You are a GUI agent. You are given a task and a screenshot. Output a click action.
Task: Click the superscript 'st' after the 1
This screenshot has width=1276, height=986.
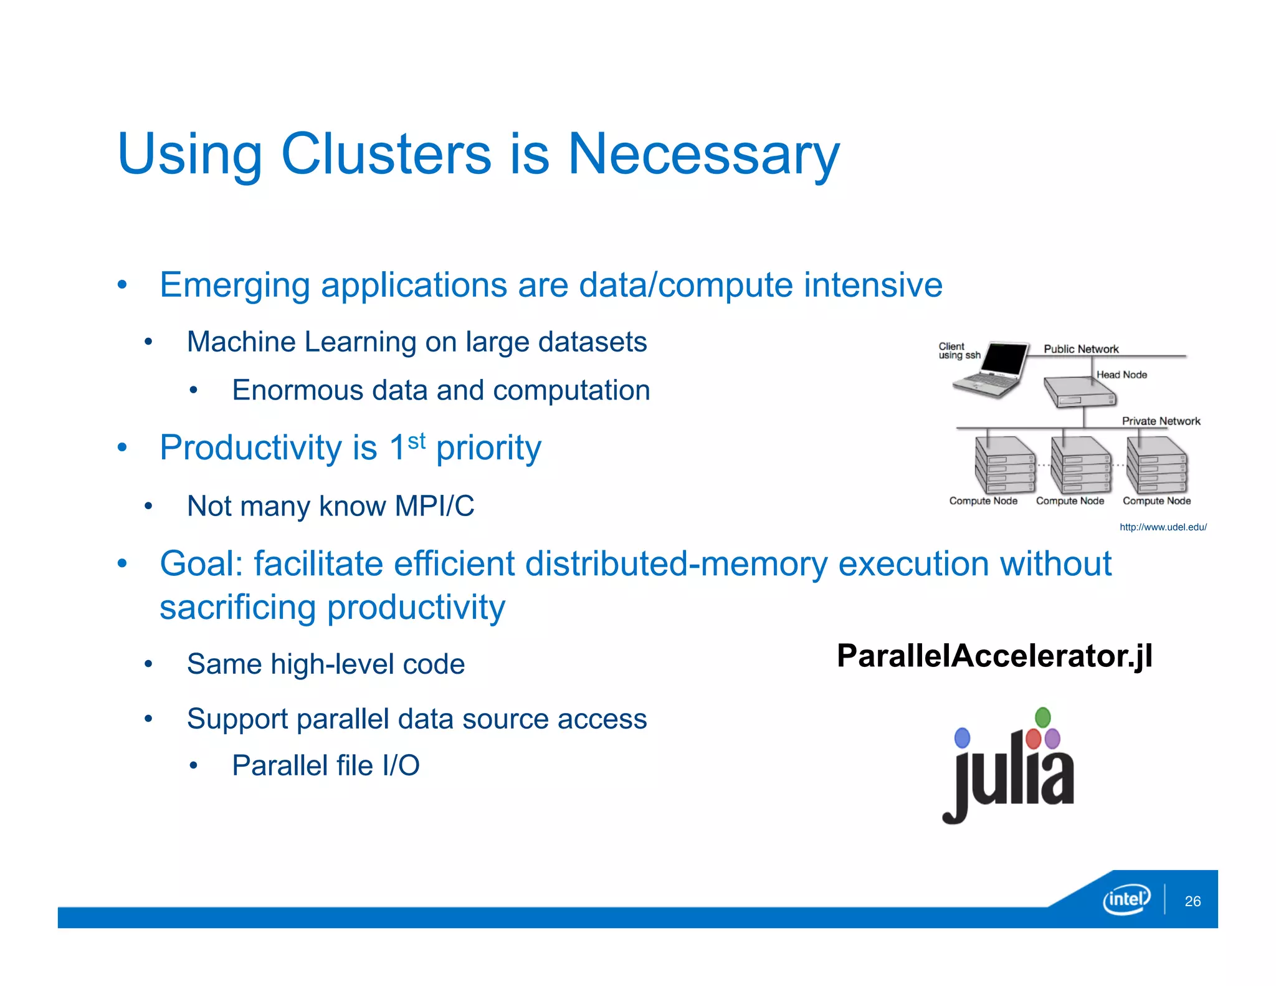416,441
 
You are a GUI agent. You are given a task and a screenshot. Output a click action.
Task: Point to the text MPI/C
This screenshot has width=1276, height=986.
434,506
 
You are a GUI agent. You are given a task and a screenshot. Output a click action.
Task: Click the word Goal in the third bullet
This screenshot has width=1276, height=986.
201,564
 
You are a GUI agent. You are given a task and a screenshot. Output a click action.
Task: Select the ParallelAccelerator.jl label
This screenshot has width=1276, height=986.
994,656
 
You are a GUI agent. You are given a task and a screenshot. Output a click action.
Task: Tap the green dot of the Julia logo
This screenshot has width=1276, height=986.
1042,717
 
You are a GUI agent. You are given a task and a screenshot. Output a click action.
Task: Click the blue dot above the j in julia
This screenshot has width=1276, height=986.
963,738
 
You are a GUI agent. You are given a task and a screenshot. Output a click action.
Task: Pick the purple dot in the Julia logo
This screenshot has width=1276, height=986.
1052,739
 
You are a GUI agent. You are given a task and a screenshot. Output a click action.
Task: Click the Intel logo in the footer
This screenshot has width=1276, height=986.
1126,899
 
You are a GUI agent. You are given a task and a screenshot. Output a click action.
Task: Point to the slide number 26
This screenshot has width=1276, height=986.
1193,901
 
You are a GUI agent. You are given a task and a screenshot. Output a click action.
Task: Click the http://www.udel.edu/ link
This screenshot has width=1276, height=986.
1163,527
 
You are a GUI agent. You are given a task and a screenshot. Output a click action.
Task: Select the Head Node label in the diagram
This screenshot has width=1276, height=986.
1121,375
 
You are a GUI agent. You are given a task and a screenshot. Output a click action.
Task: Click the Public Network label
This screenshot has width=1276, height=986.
1081,349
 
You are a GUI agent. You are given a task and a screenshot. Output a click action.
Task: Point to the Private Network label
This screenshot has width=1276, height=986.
1161,421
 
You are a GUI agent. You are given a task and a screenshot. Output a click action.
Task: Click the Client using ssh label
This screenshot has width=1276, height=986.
958,350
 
